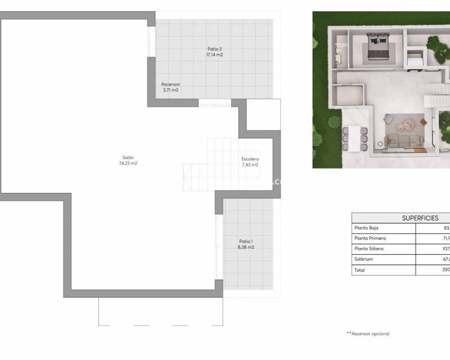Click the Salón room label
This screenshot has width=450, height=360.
pos(128,157)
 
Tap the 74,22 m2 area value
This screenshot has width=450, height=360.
pos(128,164)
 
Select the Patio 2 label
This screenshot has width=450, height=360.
pos(214,49)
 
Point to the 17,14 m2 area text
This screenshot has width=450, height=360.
pos(214,55)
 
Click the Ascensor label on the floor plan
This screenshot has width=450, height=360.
pos(170,84)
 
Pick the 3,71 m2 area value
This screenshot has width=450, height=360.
pos(170,90)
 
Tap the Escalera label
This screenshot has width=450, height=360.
pos(250,159)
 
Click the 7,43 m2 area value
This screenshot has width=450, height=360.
pos(250,165)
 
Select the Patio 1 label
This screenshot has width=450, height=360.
pos(246,241)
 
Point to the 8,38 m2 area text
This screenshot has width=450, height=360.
pos(246,247)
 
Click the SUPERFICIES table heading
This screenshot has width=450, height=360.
pos(420,218)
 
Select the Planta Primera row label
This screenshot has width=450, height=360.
pos(370,238)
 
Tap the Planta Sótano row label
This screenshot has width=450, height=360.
pos(370,249)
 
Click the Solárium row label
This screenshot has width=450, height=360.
pos(363,259)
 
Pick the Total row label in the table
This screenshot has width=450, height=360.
pos(359,270)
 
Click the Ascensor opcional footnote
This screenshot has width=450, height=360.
pos(368,334)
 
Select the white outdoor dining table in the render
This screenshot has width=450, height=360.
pos(353,138)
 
